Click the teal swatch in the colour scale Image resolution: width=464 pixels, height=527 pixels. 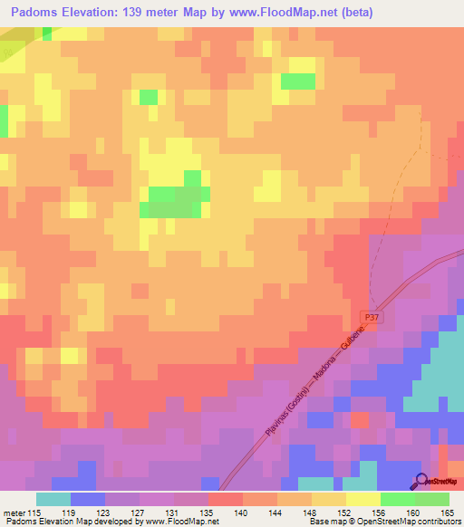click(53, 499)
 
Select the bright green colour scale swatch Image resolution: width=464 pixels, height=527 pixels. click(398, 499)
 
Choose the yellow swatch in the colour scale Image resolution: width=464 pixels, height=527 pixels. click(363, 499)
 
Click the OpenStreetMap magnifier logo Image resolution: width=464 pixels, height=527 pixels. click(422, 481)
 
